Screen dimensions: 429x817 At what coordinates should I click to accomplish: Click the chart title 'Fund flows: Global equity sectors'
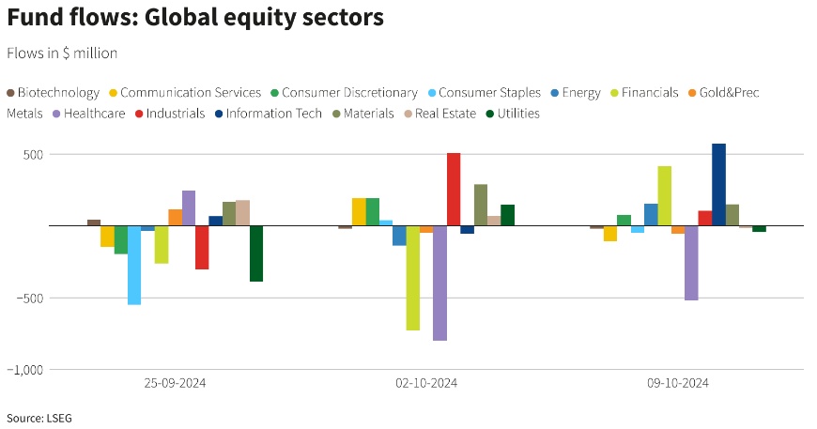194,18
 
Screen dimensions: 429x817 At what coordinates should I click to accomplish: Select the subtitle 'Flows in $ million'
62,54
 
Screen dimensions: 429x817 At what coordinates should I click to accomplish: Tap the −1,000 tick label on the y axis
26,370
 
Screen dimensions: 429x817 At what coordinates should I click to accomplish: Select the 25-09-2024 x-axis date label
175,383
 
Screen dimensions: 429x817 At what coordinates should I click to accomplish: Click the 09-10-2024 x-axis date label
678,383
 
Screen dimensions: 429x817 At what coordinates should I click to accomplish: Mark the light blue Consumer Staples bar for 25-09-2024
134,265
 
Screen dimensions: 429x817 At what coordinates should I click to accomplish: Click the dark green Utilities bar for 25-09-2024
256,253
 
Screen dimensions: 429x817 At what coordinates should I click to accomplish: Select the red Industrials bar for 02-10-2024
454,190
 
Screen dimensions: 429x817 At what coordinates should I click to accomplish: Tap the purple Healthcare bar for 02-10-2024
439,283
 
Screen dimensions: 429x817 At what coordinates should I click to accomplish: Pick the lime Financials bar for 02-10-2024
412,278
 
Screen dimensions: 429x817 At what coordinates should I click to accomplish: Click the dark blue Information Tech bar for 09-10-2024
718,185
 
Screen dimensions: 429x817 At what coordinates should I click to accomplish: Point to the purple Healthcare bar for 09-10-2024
691,263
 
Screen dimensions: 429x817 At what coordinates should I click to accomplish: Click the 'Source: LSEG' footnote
37,417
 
